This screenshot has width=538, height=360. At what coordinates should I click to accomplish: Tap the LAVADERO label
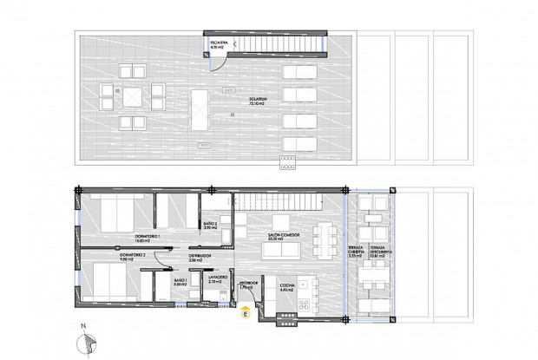217,279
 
